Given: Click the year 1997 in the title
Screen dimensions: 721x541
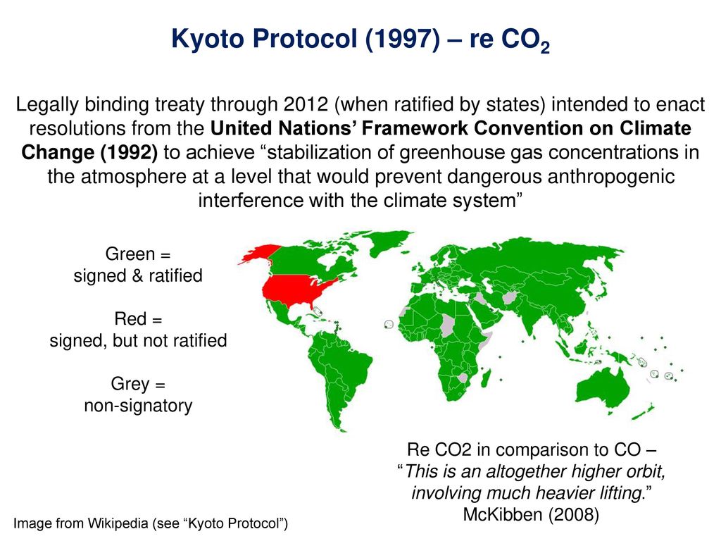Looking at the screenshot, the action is click(403, 38).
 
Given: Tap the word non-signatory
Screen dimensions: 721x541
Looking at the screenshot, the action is click(138, 406).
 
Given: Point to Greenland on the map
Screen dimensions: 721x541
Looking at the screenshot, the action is click(390, 242).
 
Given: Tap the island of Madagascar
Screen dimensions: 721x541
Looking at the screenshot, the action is click(486, 378).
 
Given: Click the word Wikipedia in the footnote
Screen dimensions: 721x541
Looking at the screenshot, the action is click(118, 523).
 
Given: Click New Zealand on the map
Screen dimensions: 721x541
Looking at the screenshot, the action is click(644, 411).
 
